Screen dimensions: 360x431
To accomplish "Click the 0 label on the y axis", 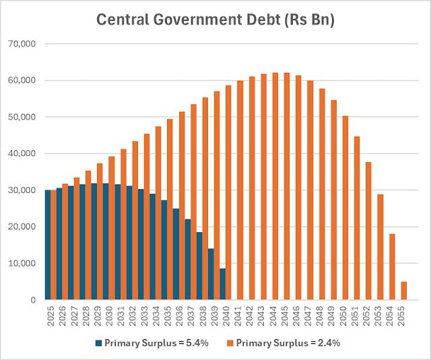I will [x=35, y=299].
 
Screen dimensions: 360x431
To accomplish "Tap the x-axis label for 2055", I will [x=403, y=316].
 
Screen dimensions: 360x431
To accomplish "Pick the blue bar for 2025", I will [x=48, y=245].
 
